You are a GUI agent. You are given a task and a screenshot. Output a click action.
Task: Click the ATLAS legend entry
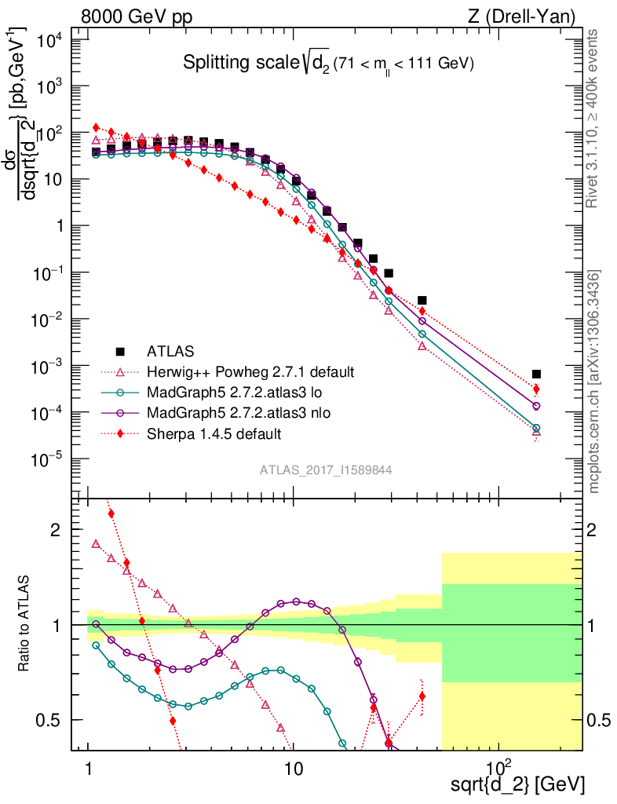[x=170, y=351]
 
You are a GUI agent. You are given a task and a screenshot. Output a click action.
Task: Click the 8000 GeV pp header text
[x=138, y=16]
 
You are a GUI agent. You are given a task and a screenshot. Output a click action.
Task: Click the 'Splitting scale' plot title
[x=328, y=64]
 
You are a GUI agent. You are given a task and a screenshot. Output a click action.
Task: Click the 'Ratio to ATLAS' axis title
[x=24, y=625]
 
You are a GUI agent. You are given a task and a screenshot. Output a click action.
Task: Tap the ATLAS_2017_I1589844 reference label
[x=326, y=470]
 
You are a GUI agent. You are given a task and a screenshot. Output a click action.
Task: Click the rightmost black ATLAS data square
[x=536, y=375]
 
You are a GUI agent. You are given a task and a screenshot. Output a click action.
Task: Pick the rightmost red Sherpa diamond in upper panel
[x=536, y=389]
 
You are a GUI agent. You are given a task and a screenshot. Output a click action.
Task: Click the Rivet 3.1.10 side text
[x=593, y=118]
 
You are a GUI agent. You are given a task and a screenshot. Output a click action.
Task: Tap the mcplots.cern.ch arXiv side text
[x=594, y=381]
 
